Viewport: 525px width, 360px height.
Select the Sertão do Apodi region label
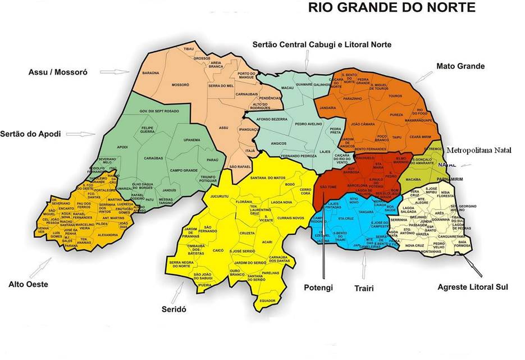(x=31, y=134)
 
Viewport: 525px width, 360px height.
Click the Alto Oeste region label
(x=28, y=284)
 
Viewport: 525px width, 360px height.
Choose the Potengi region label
(x=318, y=288)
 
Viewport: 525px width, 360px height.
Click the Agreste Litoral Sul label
(x=473, y=287)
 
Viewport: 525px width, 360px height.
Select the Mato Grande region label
(x=460, y=66)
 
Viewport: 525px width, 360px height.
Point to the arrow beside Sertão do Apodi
(x=88, y=134)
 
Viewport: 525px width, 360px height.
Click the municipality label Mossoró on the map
(x=180, y=85)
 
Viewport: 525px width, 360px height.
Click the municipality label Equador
(x=266, y=300)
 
